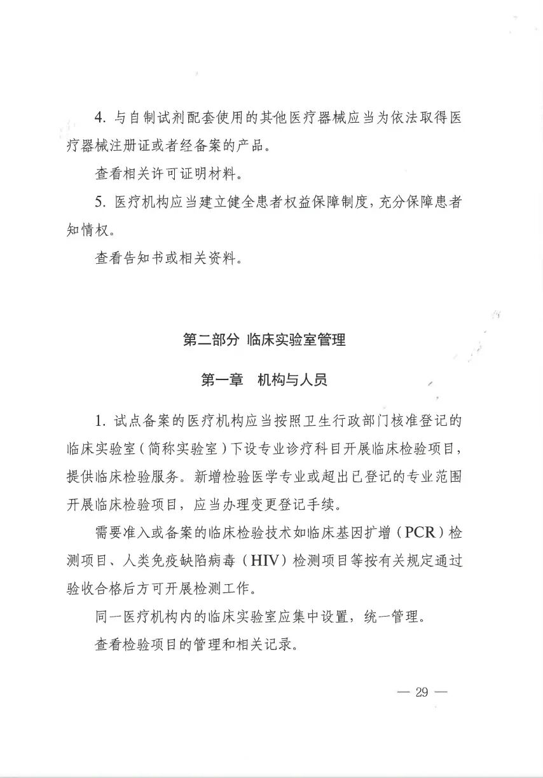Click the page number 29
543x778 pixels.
tap(422, 692)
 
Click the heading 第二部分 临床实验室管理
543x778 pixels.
tap(264, 339)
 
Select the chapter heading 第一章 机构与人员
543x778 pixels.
tap(264, 380)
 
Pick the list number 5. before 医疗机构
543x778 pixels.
tap(100, 202)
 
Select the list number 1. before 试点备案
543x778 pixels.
tap(100, 420)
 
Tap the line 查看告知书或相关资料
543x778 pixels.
tap(168, 259)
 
